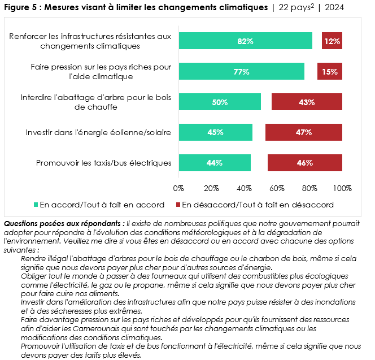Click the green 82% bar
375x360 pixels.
[245, 41]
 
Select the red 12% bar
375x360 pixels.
[332, 41]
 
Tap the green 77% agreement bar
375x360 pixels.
[241, 72]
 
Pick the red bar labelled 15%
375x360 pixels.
[330, 72]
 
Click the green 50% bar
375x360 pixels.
[220, 102]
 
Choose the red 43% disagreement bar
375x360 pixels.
[307, 102]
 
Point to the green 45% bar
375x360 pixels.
[215, 132]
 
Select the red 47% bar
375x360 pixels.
[304, 132]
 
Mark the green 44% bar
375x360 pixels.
[215, 163]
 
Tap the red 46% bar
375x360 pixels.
[304, 163]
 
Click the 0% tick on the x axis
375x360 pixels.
[179, 188]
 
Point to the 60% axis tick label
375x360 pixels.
[277, 188]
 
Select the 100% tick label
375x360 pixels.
[342, 188]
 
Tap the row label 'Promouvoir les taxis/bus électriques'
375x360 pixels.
[103, 163]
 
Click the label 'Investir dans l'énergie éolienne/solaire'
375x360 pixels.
[98, 133]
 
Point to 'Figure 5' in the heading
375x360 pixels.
[21, 7]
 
